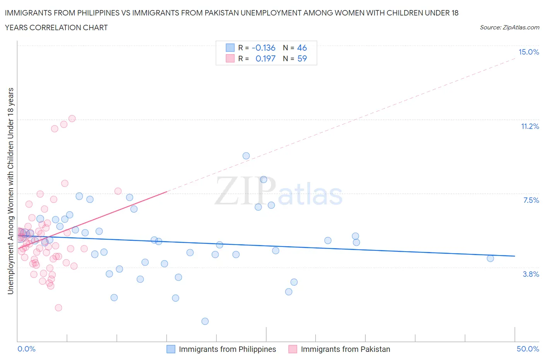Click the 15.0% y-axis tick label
[x=529, y=52]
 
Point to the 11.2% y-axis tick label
[x=530, y=127]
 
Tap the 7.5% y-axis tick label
[x=531, y=201]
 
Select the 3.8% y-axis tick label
[x=531, y=274]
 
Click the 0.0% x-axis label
[x=26, y=349]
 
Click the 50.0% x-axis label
[x=528, y=349]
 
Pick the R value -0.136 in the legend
[x=263, y=48]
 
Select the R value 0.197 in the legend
[x=265, y=59]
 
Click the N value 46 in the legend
[x=302, y=48]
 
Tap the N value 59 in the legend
[x=302, y=59]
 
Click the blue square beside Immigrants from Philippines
[x=171, y=349]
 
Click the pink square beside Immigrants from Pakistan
[x=293, y=349]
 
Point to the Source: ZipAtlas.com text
[x=509, y=27]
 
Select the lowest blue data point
[x=205, y=321]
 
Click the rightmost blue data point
[x=490, y=259]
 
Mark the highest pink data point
[x=72, y=118]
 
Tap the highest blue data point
[x=246, y=156]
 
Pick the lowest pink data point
[x=58, y=308]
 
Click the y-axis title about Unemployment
[x=11, y=191]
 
